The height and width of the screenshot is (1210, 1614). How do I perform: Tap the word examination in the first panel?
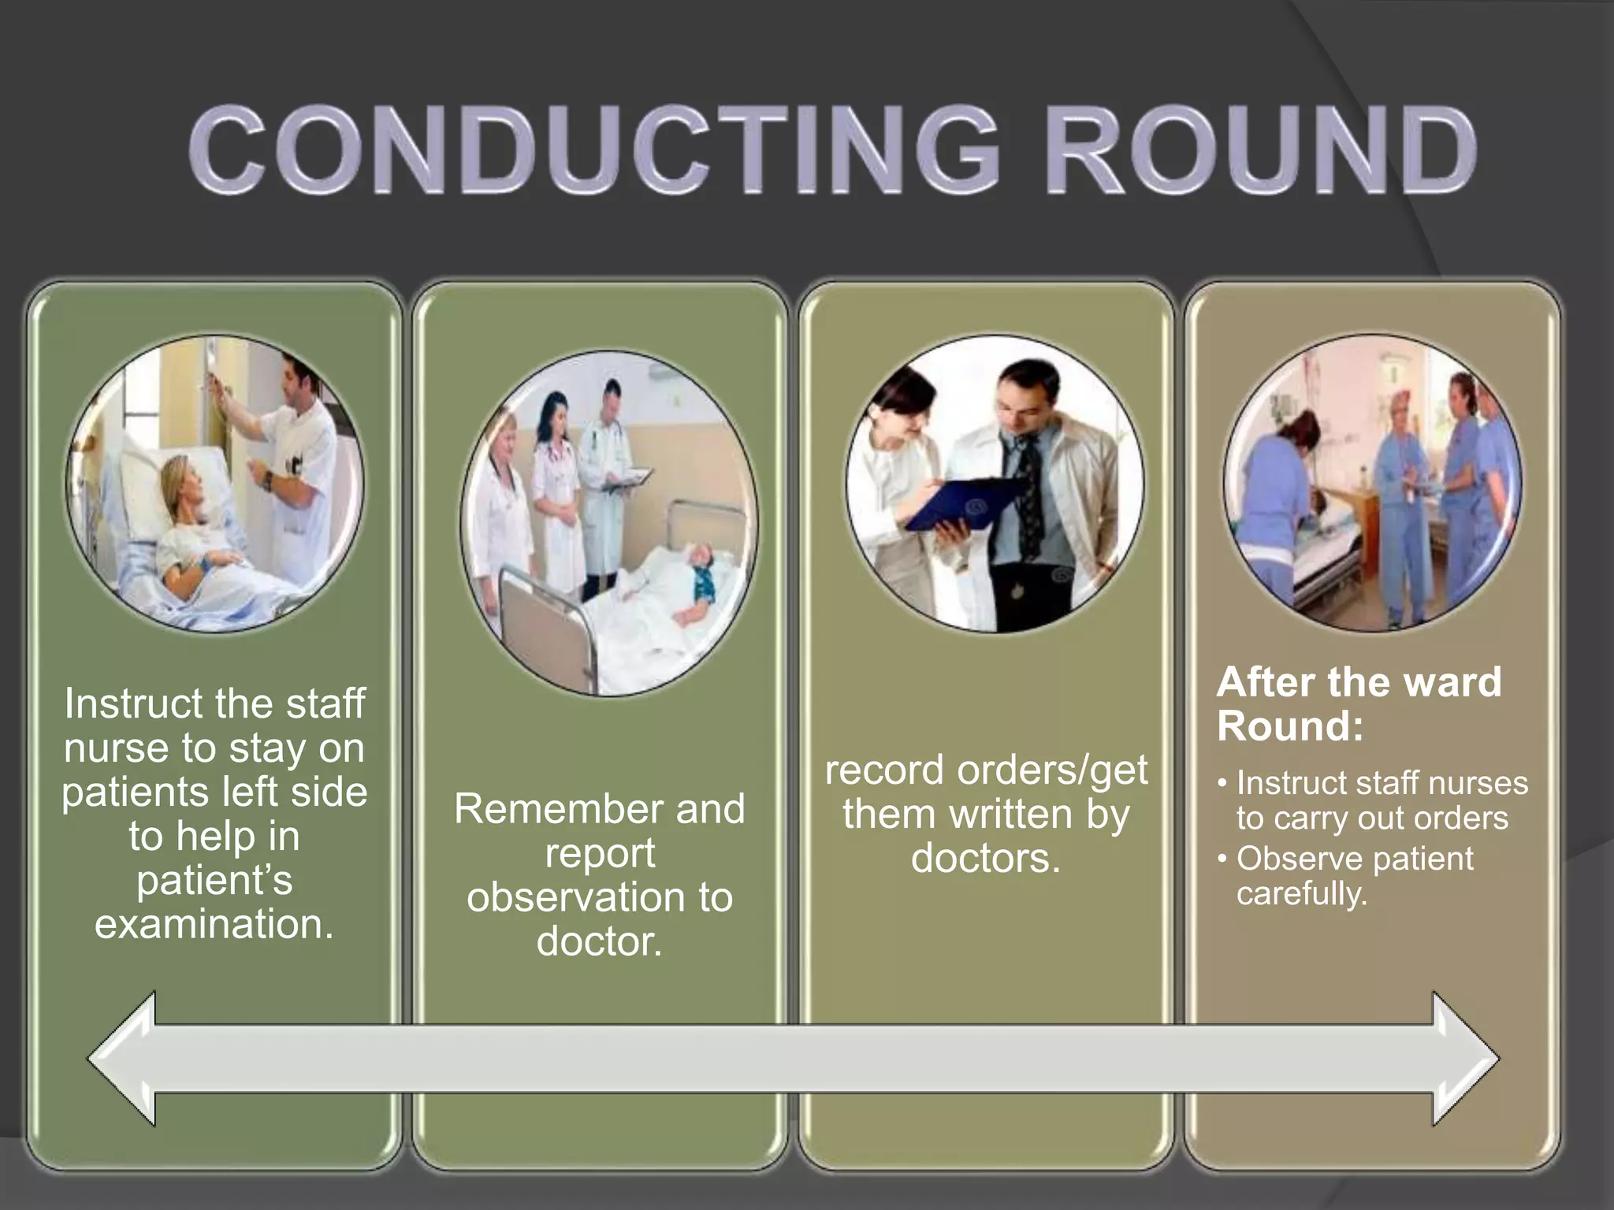pos(214,924)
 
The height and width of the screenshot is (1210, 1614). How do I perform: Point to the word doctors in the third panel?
pos(985,858)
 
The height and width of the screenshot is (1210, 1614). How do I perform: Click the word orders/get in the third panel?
pos(1052,770)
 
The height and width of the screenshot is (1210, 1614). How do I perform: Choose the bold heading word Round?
pos(1289,726)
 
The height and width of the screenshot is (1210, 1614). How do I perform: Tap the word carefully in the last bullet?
pos(1301,893)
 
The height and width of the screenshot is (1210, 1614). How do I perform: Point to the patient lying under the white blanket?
pos(670,599)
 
